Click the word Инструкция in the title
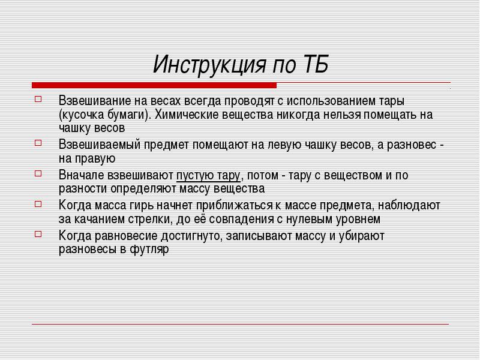(209, 65)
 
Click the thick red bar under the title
(154, 85)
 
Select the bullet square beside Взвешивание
(38, 99)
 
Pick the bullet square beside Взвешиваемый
(38, 143)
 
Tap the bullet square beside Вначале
(38, 173)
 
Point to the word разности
(83, 189)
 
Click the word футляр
(149, 250)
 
